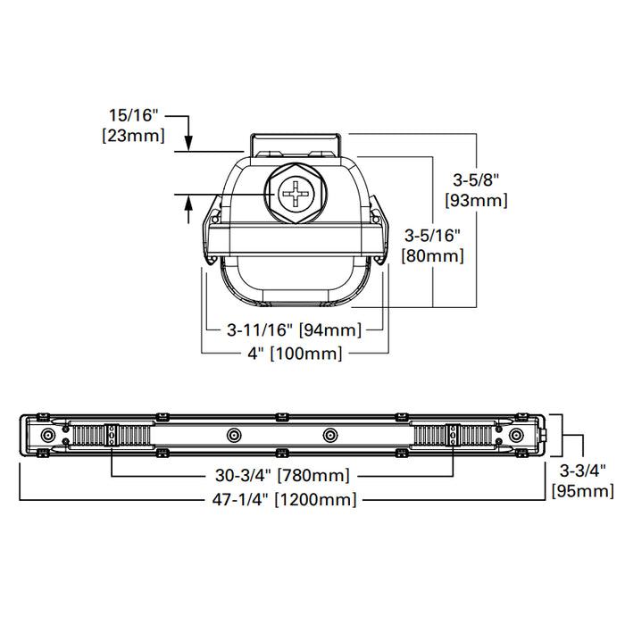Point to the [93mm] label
pos(476,200)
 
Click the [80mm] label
pos(433,255)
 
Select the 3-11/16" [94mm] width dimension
pos(292,330)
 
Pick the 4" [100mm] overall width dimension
pos(295,354)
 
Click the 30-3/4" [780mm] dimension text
pos(282,475)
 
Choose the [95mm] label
pos(582,490)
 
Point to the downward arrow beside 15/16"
pos(189,138)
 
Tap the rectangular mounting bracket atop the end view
pos(295,143)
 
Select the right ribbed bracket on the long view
pos(452,436)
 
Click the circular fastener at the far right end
pos(515,434)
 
